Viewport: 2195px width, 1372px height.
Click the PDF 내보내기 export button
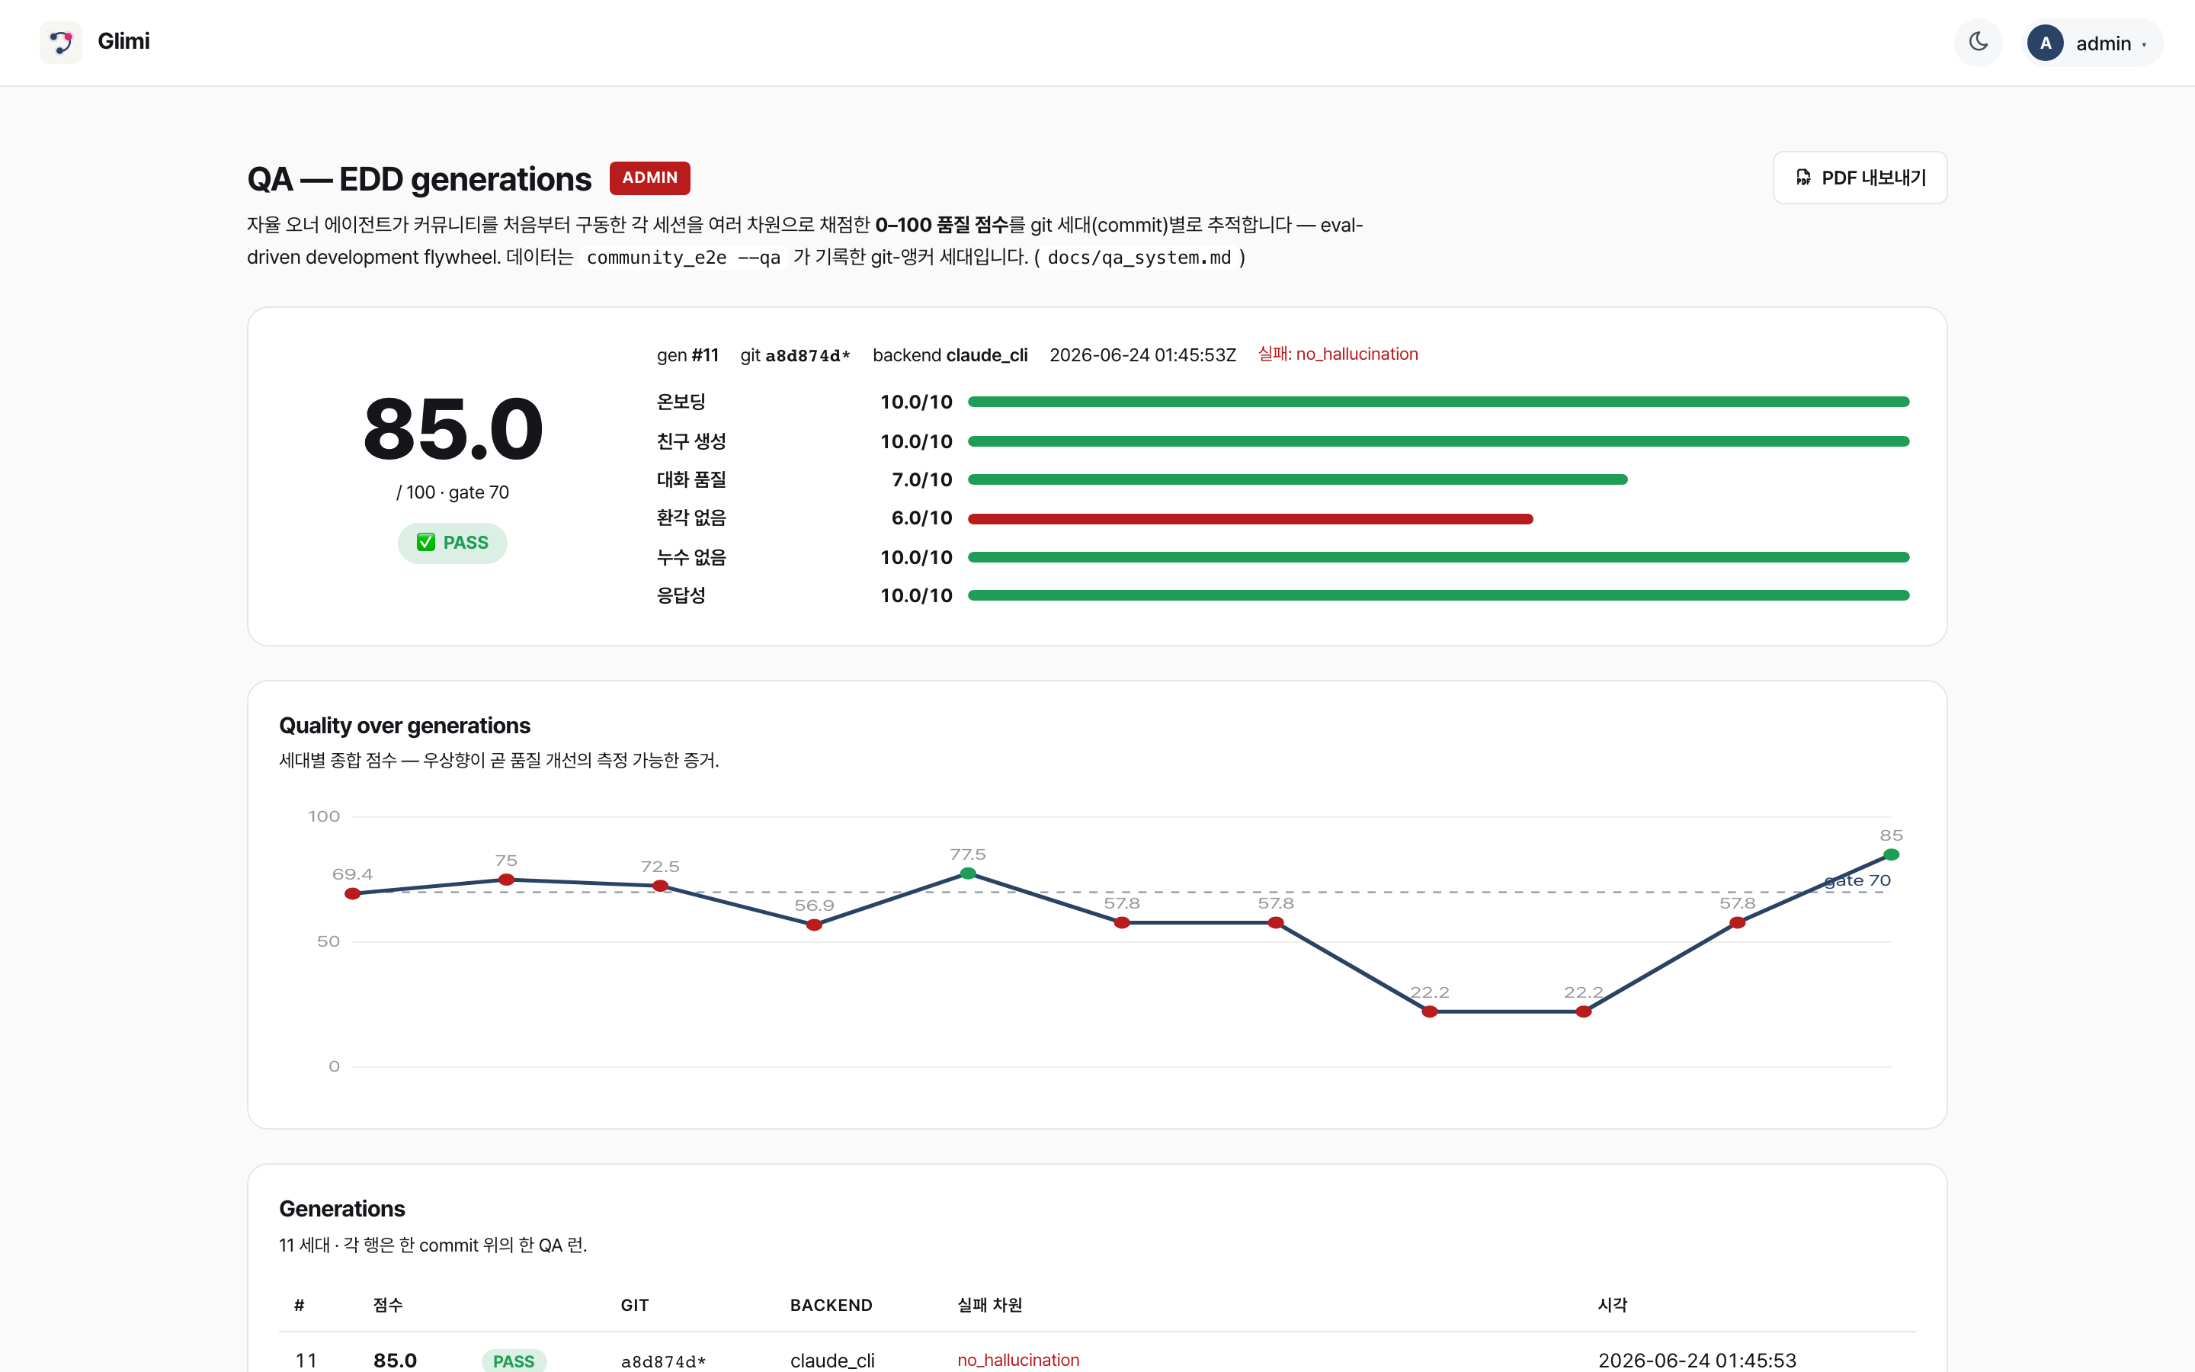click(x=1860, y=178)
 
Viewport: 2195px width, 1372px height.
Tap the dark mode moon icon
click(x=1979, y=42)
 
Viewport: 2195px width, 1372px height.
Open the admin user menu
click(x=2091, y=43)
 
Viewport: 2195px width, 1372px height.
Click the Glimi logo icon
click(x=61, y=42)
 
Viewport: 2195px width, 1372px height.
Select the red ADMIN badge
click(x=649, y=178)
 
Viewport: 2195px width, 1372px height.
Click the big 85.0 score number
click(x=453, y=429)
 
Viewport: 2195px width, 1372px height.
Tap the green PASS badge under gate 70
click(x=453, y=543)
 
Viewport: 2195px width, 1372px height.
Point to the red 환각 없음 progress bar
click(x=1250, y=519)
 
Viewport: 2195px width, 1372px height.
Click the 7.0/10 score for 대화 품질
click(x=921, y=480)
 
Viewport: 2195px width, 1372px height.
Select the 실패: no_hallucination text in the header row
click(x=1338, y=354)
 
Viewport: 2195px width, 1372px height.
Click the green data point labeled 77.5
click(x=968, y=874)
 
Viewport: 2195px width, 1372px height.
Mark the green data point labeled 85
click(x=1891, y=854)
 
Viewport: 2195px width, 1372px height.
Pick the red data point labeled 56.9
click(x=815, y=925)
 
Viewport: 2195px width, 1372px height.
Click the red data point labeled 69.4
click(x=353, y=894)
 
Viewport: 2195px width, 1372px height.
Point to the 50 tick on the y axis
click(x=328, y=942)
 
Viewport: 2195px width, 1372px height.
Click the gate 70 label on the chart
click(x=1857, y=880)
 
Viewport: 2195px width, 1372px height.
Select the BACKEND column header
click(x=831, y=1305)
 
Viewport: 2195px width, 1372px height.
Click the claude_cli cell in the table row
click(x=832, y=1361)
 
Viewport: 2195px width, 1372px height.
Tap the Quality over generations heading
click(x=405, y=726)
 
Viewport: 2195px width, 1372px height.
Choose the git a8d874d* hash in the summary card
click(x=796, y=354)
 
